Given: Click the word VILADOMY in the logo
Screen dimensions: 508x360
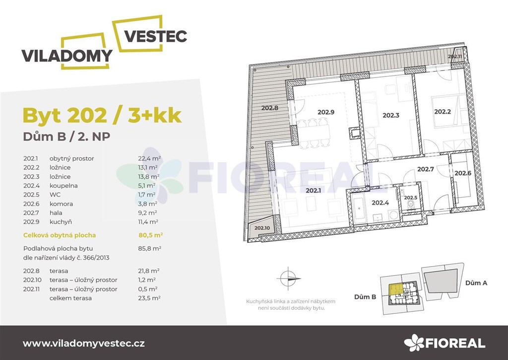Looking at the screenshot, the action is (67, 56).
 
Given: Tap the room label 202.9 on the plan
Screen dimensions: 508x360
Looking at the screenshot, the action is (325, 112).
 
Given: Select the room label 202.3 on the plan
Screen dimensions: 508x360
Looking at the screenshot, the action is (391, 115).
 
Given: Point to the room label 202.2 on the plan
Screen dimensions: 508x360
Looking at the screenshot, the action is (443, 112).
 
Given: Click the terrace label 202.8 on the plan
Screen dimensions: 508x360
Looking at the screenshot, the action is (270, 108).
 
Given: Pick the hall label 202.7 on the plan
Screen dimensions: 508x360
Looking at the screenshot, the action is (425, 169).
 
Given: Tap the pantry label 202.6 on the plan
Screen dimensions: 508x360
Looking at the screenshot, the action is (463, 173).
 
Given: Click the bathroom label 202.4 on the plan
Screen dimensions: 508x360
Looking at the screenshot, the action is (380, 203).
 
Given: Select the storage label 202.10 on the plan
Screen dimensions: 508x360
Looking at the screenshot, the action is (262, 228).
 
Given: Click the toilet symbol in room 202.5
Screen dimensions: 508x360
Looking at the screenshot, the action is (410, 205).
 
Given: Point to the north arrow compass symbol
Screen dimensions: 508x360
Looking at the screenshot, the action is (288, 278).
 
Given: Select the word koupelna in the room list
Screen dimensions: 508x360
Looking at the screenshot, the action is (63, 186).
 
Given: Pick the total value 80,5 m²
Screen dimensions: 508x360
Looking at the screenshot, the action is (151, 235).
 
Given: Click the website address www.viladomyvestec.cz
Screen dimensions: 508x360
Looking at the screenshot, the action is (84, 344).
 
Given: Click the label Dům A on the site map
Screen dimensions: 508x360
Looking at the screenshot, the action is (476, 283).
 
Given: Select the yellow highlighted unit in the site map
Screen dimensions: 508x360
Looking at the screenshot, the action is (395, 289).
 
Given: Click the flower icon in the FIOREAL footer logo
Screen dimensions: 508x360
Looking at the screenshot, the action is (414, 343).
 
